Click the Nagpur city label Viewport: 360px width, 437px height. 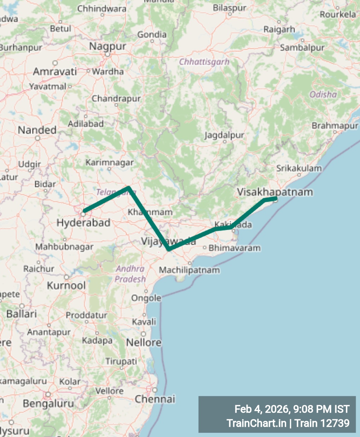tap(107, 46)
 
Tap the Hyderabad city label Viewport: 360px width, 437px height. tap(83, 223)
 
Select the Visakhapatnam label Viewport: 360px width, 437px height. tap(275, 192)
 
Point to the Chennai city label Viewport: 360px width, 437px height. tap(155, 399)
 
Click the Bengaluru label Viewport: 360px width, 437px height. tap(48, 403)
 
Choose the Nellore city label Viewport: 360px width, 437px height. tap(143, 342)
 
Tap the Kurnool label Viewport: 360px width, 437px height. tap(66, 285)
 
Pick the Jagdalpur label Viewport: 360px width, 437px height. tap(224, 135)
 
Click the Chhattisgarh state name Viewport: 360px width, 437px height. tap(204, 62)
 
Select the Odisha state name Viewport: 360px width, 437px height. tap(323, 94)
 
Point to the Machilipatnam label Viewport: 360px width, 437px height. tap(189, 270)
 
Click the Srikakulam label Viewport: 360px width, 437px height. tap(299, 168)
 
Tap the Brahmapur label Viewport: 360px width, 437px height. tap(335, 126)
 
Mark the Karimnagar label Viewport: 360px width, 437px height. tap(110, 163)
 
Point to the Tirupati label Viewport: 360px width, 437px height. tap(121, 361)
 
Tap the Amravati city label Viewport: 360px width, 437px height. tap(55, 72)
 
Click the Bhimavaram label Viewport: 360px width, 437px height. tap(234, 248)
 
